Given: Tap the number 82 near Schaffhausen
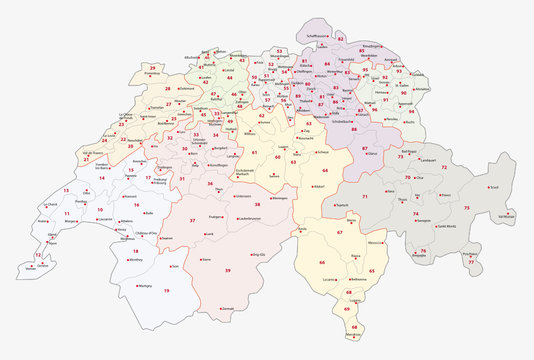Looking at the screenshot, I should point(341,39).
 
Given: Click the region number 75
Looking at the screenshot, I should point(466,207).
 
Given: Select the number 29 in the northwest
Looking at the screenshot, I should point(152,67).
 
